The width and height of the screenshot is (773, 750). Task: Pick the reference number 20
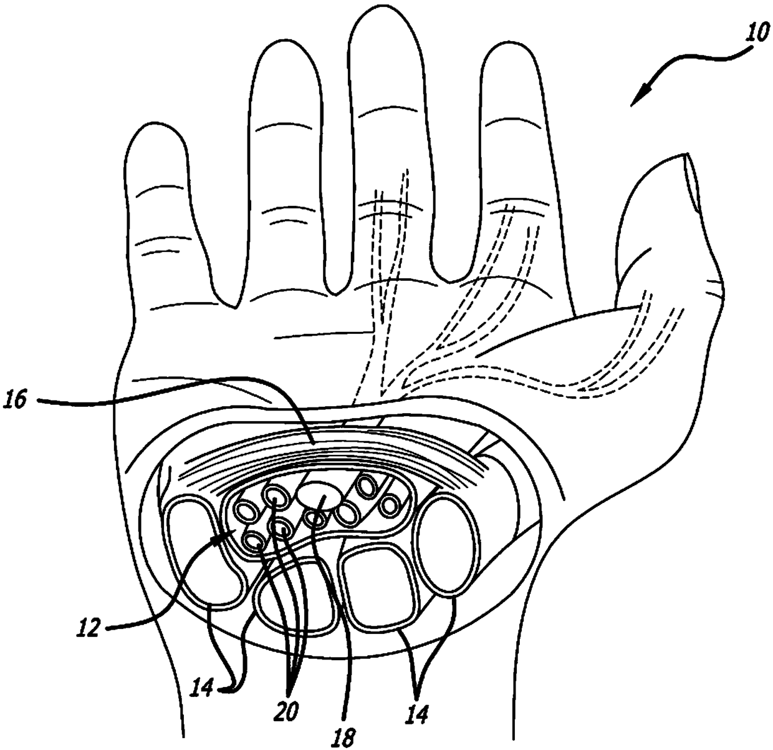pyautogui.click(x=289, y=709)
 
